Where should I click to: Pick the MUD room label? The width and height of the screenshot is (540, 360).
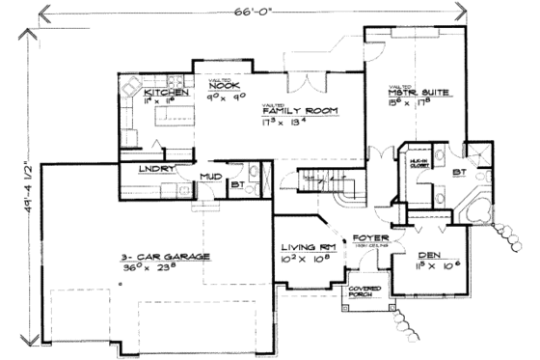tap(212, 177)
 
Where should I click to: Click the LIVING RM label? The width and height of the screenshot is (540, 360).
tap(299, 247)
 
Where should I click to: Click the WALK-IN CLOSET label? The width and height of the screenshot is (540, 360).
tap(418, 165)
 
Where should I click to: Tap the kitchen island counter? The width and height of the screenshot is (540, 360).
tap(175, 117)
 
